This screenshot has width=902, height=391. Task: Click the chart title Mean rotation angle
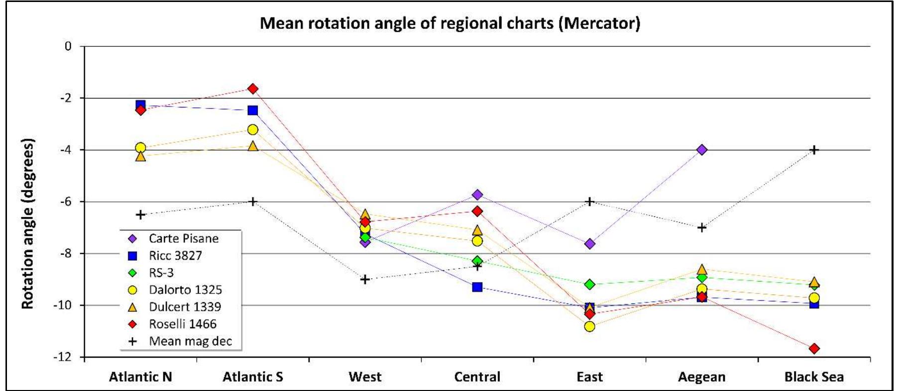point(450,23)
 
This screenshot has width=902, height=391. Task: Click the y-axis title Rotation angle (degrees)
point(28,224)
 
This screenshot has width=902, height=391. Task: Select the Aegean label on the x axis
point(701,377)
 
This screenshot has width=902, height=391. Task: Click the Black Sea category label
point(813,377)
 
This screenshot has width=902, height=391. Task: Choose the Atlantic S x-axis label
point(252,377)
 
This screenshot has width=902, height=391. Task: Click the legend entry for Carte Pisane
point(183,238)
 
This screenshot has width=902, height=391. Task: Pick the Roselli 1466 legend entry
point(182,324)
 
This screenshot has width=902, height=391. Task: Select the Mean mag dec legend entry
point(190,341)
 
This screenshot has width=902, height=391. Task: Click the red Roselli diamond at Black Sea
point(814,349)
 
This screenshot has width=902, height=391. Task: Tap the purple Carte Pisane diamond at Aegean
point(702,150)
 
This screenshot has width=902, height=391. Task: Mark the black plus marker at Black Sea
point(814,150)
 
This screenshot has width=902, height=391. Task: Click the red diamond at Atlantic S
point(253,89)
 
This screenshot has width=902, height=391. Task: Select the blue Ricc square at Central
point(477,287)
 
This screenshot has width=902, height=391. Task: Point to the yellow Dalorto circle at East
point(589,326)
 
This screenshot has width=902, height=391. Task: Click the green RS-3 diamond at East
point(590,285)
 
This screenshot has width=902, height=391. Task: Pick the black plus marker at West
point(365,280)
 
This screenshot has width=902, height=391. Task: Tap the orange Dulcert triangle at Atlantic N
point(141,156)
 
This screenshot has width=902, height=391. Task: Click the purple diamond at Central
point(477,195)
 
